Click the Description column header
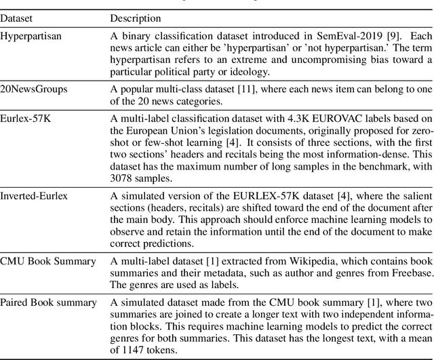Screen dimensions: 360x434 pyautogui.click(x=136, y=18)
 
